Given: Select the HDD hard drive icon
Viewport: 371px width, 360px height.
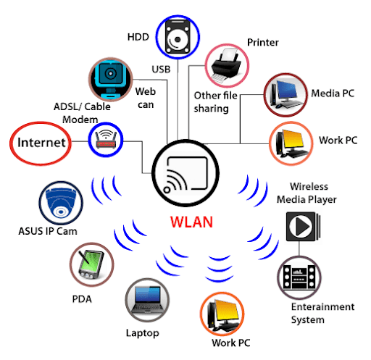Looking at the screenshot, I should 178,36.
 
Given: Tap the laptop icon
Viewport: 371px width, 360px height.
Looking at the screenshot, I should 146,300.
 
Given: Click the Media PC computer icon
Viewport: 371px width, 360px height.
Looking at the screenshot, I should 286,94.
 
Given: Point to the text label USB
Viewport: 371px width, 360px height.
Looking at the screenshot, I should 160,70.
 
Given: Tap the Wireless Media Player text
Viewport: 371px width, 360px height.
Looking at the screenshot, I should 312,193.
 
